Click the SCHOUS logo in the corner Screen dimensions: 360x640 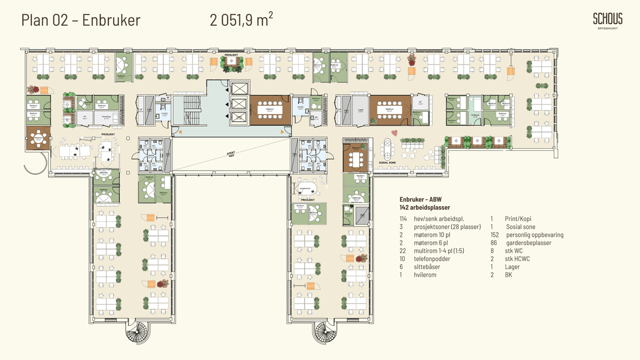(607, 22)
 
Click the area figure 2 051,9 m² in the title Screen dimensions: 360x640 (242, 20)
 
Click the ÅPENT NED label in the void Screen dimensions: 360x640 (231, 154)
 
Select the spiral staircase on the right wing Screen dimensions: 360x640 (325, 333)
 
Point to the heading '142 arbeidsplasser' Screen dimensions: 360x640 (425, 207)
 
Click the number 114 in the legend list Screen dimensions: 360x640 (404, 219)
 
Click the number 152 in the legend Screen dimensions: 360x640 (495, 235)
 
